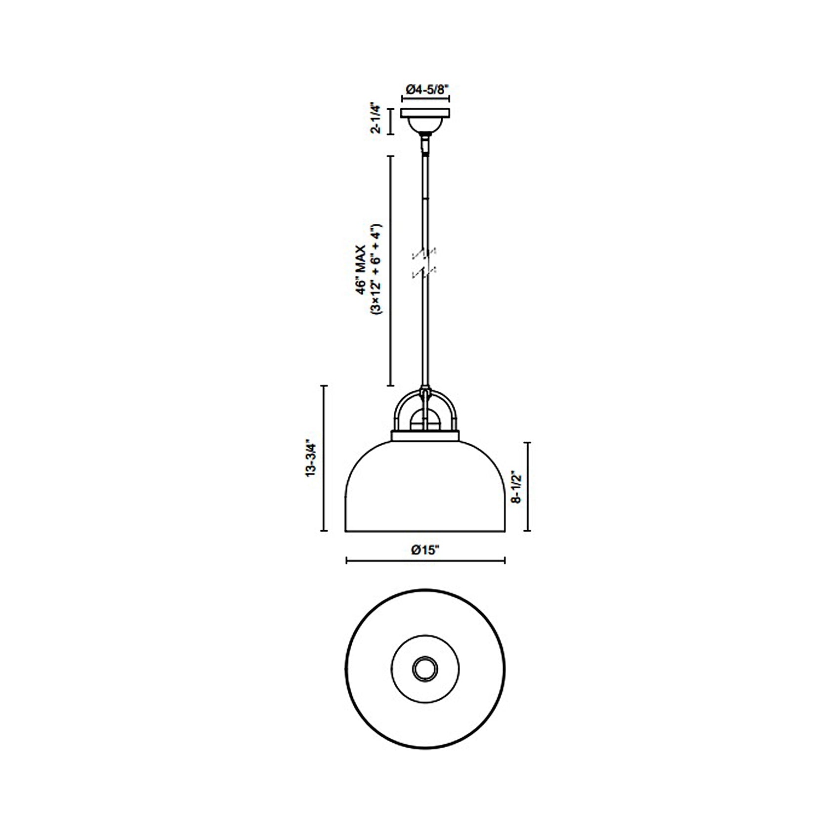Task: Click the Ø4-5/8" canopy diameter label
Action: [425, 89]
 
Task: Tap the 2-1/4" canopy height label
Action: [377, 119]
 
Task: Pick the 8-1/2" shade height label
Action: [517, 486]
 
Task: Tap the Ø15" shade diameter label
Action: [425, 550]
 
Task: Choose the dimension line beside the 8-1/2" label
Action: [529, 486]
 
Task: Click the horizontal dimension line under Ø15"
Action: [425, 560]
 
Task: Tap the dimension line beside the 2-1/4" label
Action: [390, 122]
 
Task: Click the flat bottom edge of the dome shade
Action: [425, 532]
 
